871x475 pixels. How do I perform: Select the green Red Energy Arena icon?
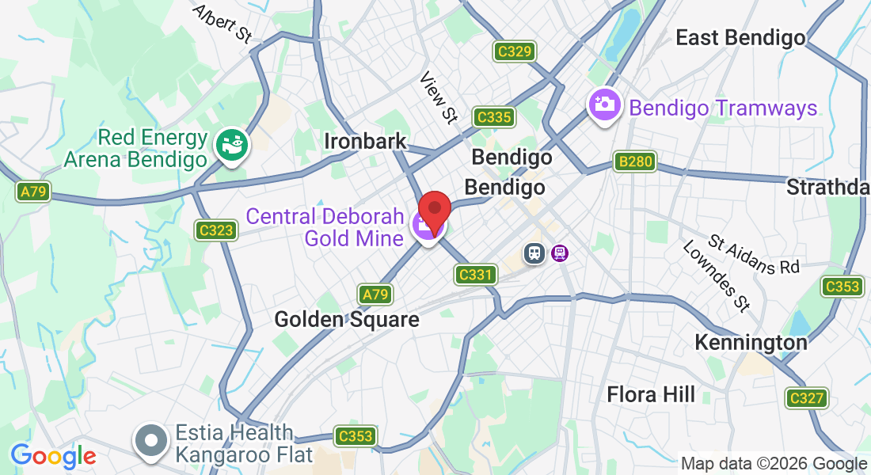(x=233, y=143)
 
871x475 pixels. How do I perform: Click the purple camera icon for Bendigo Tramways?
(x=604, y=104)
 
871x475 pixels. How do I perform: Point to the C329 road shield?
(x=515, y=52)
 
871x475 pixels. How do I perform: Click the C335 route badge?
(x=494, y=118)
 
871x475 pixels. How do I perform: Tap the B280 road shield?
(x=635, y=162)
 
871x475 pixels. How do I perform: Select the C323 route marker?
(x=216, y=230)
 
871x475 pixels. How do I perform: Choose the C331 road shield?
(x=476, y=275)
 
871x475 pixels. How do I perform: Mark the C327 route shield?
(x=806, y=398)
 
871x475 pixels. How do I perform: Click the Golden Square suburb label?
(x=346, y=319)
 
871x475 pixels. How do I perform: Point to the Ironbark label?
(x=365, y=142)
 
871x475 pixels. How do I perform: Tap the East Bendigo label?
(x=740, y=37)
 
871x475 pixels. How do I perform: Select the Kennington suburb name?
(x=751, y=342)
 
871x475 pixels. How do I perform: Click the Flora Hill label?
(x=651, y=393)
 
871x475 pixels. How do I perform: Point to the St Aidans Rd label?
(x=755, y=255)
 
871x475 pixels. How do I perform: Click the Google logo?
(x=53, y=456)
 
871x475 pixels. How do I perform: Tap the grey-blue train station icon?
(x=535, y=253)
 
